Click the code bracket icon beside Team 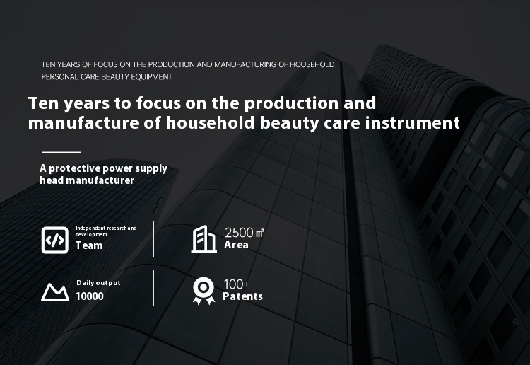(x=54, y=240)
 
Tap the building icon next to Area (x=204, y=240)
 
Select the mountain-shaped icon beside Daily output (x=54, y=291)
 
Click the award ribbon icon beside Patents (x=204, y=291)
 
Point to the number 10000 (x=90, y=296)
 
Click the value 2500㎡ (x=244, y=233)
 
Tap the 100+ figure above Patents (x=237, y=284)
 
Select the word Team (x=89, y=245)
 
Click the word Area (x=236, y=245)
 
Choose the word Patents (x=242, y=296)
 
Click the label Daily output (x=98, y=283)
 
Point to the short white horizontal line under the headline (x=61, y=151)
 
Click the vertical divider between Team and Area (x=153, y=239)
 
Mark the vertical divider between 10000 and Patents (x=153, y=288)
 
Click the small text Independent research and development (x=105, y=231)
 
